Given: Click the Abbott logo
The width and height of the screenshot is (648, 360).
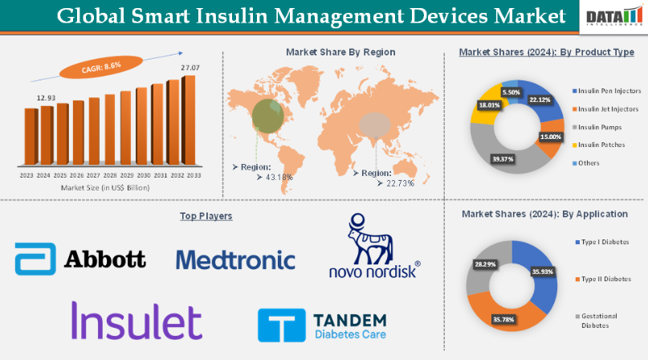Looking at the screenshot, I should [x=80, y=259].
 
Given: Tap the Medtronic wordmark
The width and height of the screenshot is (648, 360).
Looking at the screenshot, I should [x=235, y=260].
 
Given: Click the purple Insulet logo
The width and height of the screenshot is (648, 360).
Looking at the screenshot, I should [x=137, y=321].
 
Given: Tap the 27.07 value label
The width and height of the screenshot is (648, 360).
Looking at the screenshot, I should [x=190, y=67].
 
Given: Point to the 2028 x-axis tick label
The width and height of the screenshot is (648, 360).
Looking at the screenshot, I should [x=110, y=174].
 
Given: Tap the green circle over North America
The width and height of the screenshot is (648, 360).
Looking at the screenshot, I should [x=267, y=116].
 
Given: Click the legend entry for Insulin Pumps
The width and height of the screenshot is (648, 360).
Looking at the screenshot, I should [x=598, y=127].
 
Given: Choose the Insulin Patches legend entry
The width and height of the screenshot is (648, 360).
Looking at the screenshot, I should [x=600, y=145].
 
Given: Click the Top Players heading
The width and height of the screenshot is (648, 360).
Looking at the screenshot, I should [x=206, y=216].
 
